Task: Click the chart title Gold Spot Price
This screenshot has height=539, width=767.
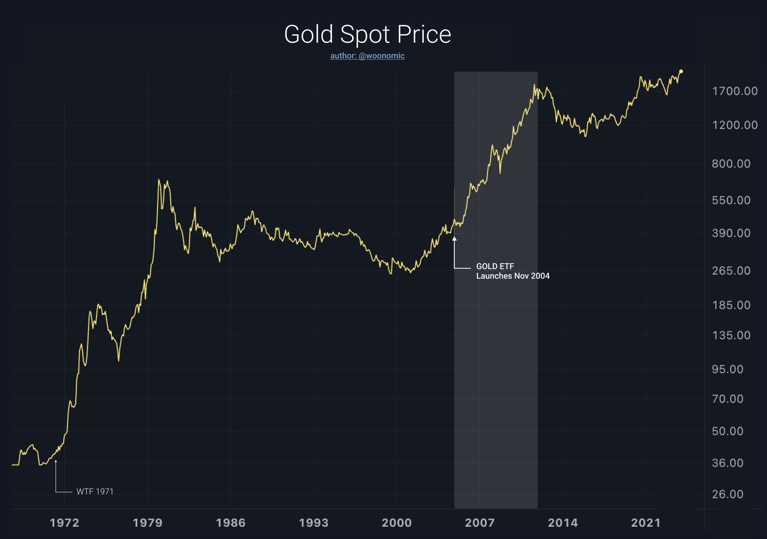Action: click(x=367, y=34)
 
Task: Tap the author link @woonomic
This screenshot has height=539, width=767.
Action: click(x=367, y=56)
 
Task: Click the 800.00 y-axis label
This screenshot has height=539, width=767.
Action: click(x=731, y=164)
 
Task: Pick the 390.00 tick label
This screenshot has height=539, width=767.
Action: click(x=731, y=233)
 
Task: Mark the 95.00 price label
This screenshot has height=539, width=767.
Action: click(x=728, y=369)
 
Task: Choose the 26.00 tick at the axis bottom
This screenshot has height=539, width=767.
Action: click(x=728, y=494)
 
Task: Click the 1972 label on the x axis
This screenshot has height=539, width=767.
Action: click(x=64, y=523)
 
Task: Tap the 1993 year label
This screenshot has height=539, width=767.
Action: click(x=314, y=523)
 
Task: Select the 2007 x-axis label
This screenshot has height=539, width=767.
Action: click(x=480, y=523)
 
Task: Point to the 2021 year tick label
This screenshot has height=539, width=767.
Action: click(x=646, y=523)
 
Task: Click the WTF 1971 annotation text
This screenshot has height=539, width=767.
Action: click(x=95, y=492)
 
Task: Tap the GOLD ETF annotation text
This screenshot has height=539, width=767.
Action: click(x=495, y=267)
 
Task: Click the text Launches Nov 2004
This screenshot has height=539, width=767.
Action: click(x=513, y=276)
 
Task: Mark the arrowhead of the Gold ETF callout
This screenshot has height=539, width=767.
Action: click(x=454, y=239)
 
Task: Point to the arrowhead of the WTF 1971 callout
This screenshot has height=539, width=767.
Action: click(x=56, y=461)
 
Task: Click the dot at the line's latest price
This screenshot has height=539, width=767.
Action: click(x=681, y=71)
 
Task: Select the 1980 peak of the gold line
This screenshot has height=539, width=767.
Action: click(x=159, y=180)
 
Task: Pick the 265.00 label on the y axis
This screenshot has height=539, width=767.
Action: click(x=731, y=271)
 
